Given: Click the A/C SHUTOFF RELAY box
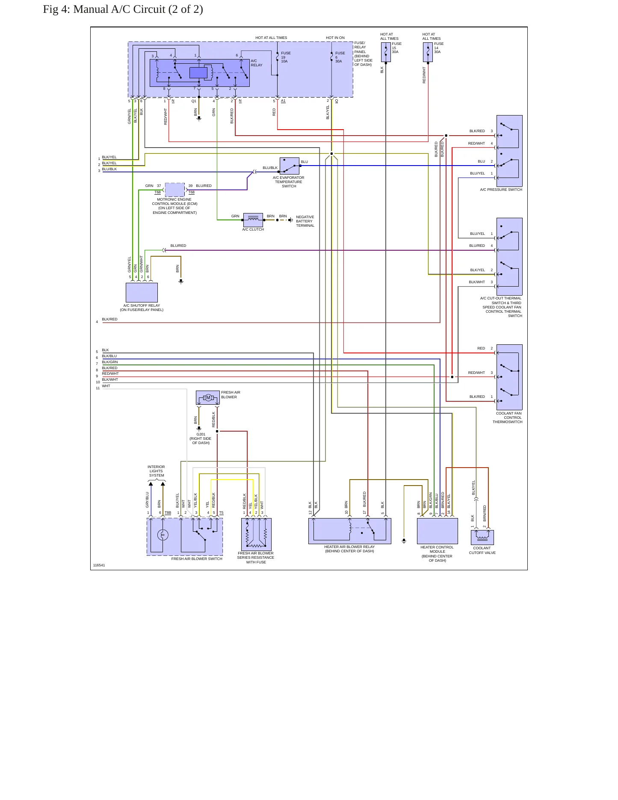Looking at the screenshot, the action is (x=142, y=293).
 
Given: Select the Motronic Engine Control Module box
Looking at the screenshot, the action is (x=175, y=190).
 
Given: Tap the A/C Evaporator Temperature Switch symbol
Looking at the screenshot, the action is (x=290, y=166).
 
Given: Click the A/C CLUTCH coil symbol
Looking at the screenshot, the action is (x=253, y=220).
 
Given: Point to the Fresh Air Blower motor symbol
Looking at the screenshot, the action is (x=208, y=398).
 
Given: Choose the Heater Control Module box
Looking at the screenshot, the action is (x=438, y=531).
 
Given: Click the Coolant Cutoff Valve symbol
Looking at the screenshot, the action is (x=482, y=537).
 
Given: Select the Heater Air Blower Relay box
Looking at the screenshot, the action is (x=350, y=531).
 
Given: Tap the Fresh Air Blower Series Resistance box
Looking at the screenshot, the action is (x=257, y=534).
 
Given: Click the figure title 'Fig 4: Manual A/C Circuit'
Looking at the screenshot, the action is (x=123, y=9).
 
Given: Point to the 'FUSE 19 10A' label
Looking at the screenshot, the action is (x=286, y=57).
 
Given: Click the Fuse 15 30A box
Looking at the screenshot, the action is (x=386, y=52).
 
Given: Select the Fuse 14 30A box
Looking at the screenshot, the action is (x=428, y=52).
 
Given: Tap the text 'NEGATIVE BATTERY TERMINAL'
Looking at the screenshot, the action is (x=305, y=221).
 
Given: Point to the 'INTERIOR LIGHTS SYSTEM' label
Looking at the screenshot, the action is (x=157, y=471).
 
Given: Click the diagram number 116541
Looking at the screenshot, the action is (x=99, y=565).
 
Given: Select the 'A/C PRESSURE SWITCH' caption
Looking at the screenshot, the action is (x=501, y=190).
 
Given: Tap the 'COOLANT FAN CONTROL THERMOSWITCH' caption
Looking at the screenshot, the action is (x=508, y=418).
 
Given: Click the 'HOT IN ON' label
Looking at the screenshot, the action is (x=335, y=38).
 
